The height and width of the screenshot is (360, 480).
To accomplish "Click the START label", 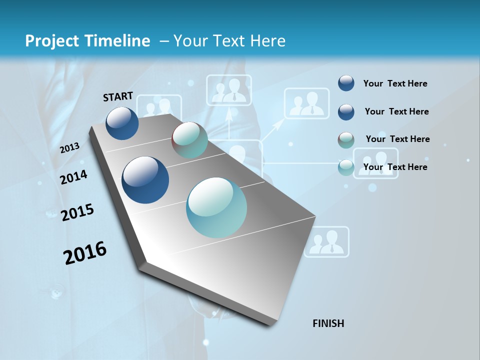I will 118,96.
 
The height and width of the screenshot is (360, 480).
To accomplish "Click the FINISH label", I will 328,323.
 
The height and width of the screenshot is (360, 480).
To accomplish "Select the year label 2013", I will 70,147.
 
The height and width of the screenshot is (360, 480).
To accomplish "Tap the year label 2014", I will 73,177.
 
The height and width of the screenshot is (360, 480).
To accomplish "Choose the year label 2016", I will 85,252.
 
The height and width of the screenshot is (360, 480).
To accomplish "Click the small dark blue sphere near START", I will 122,123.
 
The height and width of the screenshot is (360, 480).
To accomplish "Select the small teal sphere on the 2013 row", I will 189,140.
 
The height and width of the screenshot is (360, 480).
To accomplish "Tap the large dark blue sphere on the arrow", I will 145,180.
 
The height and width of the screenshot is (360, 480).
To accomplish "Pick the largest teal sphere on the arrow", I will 216,207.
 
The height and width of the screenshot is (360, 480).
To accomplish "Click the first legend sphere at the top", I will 346,83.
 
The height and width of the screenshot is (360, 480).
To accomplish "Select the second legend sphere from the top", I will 346,111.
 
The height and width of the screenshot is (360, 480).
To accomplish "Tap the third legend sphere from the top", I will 346,139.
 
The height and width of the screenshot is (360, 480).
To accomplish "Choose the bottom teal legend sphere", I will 346,167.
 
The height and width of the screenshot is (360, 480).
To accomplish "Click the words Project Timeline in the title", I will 87,41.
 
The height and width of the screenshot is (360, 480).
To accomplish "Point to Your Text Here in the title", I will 229,41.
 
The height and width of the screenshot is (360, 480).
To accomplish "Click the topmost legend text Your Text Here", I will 395,83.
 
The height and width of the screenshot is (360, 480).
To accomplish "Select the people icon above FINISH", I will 327,242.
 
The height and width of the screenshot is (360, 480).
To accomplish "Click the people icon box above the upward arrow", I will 229,90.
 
